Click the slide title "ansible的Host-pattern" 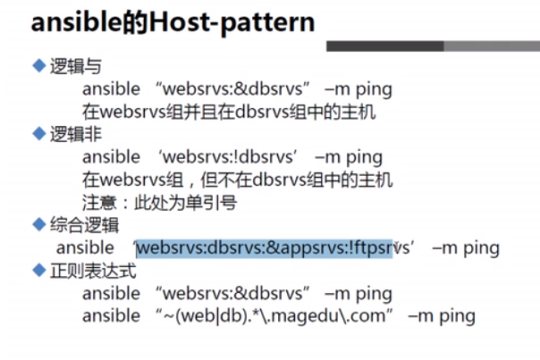(x=173, y=22)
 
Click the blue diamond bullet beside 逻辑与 (x=39, y=65)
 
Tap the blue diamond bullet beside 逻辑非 (x=39, y=133)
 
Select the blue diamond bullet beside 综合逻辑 (x=39, y=224)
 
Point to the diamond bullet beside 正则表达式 (x=39, y=270)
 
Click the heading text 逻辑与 (x=76, y=66)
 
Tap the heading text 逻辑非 (x=76, y=134)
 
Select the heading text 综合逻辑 (x=84, y=225)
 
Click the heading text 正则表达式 (x=93, y=271)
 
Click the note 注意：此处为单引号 (x=159, y=203)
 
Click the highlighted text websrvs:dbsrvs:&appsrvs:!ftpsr (x=265, y=248)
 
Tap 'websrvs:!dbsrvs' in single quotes (x=228, y=157)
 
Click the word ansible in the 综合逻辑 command (x=85, y=247)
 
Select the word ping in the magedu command (x=458, y=316)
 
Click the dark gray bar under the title (x=385, y=46)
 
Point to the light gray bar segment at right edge (x=492, y=46)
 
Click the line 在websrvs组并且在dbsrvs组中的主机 (x=229, y=112)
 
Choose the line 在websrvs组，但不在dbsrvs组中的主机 (x=238, y=180)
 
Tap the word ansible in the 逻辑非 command (x=111, y=157)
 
